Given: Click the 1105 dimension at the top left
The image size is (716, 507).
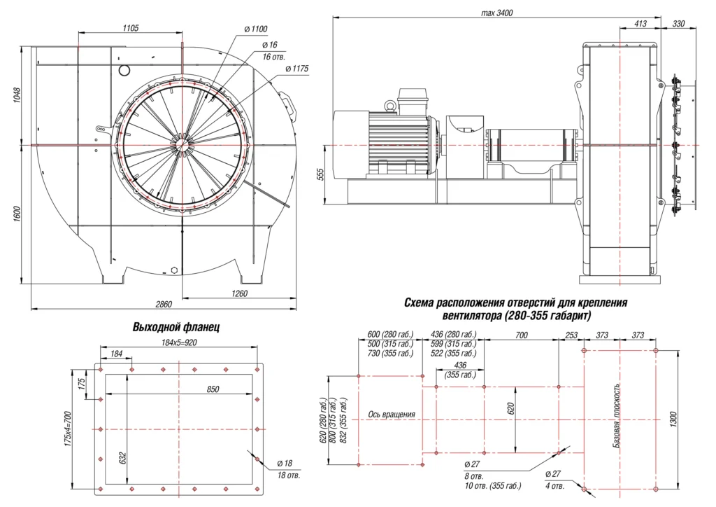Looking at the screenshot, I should click(130, 28).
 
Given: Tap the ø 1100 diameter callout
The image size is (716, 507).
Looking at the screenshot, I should click(256, 29).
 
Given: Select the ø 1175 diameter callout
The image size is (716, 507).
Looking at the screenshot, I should click(296, 69).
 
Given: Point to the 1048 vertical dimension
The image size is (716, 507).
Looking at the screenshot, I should click(17, 95).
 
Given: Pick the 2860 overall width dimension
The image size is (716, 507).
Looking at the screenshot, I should click(163, 305).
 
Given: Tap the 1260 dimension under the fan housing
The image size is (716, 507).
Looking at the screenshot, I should click(239, 294).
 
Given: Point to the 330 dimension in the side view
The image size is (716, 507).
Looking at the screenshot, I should click(678, 24).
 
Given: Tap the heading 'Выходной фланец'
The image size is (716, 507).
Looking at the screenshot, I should click(176, 327).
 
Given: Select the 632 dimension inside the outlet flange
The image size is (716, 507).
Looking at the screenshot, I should click(123, 459).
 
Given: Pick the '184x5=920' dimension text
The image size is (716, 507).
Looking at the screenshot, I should click(179, 342).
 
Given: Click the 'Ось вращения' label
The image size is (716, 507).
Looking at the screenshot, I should click(392, 415).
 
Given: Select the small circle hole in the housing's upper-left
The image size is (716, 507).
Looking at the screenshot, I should click(124, 70).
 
